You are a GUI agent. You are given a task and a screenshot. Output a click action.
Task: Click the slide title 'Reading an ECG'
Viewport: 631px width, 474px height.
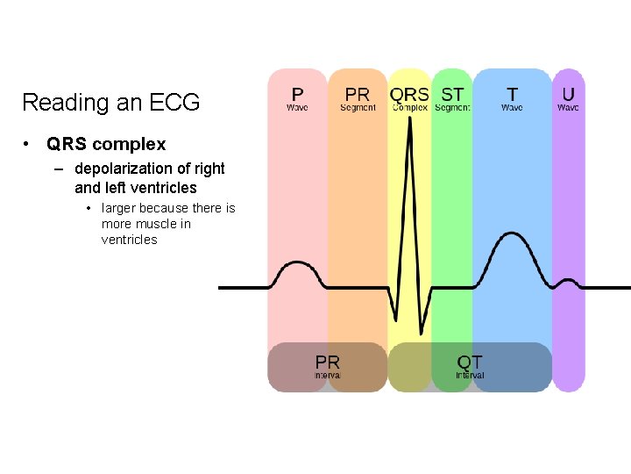(x=110, y=103)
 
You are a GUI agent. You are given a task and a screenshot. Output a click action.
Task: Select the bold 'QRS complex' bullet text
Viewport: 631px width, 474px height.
(x=106, y=144)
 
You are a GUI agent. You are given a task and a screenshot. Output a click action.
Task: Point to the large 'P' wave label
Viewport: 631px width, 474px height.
(x=298, y=94)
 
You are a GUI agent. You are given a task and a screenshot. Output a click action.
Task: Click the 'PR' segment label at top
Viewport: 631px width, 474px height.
(x=358, y=94)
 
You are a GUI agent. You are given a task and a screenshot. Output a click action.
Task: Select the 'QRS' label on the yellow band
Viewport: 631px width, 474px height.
(x=409, y=94)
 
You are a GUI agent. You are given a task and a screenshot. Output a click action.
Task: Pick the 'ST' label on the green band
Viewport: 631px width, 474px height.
(x=452, y=94)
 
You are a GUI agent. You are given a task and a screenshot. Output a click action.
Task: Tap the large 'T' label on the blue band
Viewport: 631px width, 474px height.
(x=512, y=94)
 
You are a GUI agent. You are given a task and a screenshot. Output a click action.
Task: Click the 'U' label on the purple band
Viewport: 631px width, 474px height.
(x=569, y=94)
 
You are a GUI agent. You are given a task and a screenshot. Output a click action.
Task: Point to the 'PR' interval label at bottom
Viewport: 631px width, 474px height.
(x=328, y=362)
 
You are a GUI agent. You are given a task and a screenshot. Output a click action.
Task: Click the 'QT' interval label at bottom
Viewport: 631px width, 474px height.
(x=470, y=362)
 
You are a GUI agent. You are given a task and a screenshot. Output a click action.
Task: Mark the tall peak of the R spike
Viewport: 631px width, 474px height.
(x=408, y=140)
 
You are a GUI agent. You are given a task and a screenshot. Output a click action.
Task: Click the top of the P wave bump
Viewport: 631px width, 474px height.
(x=297, y=262)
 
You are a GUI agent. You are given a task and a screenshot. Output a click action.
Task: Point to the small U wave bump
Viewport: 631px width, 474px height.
(x=567, y=280)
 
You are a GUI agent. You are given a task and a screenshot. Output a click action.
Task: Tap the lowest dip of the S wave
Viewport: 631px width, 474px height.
(x=422, y=334)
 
